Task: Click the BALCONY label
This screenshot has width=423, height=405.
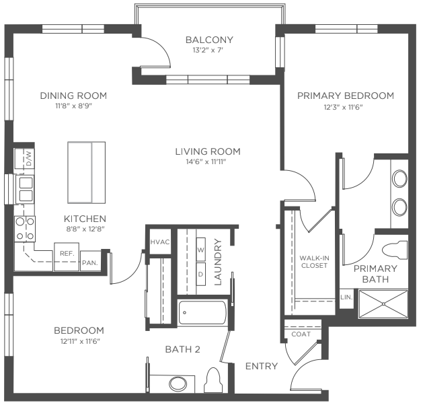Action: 209,40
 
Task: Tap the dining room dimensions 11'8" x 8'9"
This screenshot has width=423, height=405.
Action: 74,106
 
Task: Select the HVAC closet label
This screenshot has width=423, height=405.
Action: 160,242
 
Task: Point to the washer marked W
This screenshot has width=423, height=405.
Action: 200,250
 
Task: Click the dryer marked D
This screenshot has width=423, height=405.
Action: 200,274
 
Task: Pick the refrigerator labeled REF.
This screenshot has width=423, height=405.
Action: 67,256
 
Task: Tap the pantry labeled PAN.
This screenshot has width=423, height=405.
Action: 90,261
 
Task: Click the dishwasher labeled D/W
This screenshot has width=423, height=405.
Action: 29,158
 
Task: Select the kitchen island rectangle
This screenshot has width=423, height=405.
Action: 86,172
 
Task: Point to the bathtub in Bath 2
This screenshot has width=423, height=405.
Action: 202,313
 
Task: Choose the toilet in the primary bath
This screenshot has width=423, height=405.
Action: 395,251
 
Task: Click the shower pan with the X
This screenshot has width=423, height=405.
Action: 383,304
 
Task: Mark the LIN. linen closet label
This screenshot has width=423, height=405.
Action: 346,297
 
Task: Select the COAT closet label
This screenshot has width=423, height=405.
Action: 301,334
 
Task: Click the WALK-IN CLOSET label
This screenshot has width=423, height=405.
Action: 314,262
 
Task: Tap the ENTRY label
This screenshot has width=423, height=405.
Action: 262,366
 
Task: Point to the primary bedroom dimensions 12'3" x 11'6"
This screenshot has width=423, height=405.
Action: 343,107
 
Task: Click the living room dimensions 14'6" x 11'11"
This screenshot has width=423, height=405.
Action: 206,161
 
